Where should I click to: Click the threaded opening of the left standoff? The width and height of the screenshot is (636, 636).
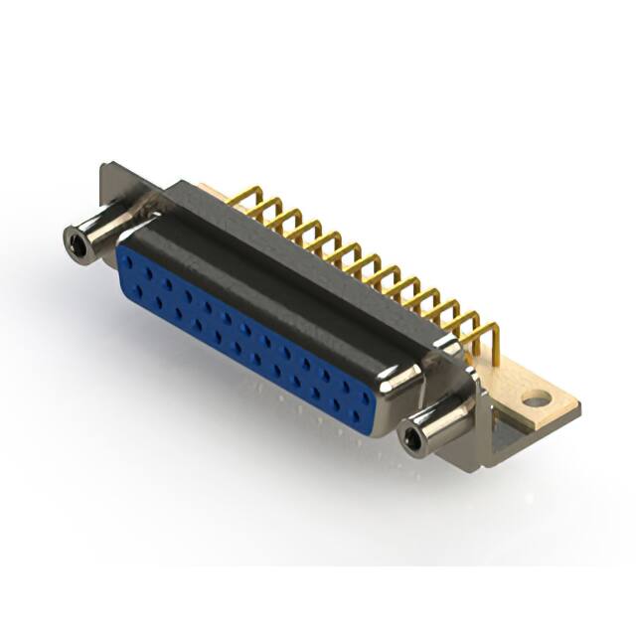coord(73,238)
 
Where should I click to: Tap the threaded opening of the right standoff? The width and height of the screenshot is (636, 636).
coord(411,438)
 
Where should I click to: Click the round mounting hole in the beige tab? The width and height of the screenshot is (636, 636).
coord(536,399)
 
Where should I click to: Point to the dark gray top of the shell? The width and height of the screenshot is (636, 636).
coord(298,268)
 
